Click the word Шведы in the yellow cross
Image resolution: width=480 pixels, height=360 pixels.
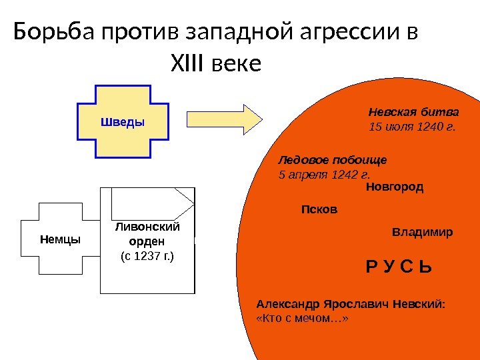[x=123, y=122]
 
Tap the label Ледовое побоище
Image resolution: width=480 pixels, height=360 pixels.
[x=332, y=161]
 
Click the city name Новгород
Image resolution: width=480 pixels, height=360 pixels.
[x=395, y=187]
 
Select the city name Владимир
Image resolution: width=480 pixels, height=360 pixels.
[x=422, y=233]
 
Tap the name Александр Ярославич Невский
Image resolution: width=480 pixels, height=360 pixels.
[x=350, y=304]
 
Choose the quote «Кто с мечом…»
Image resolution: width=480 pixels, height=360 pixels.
[x=303, y=319]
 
